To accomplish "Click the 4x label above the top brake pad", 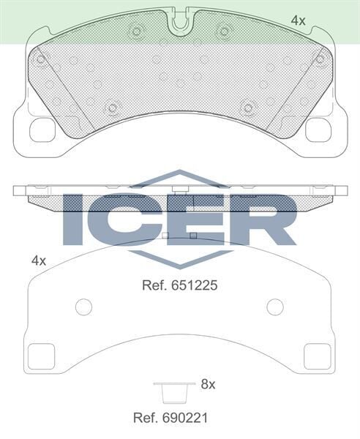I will (298, 21).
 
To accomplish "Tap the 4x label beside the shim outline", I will (39, 260).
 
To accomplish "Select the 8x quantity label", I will (208, 383).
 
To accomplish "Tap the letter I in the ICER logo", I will (74, 219).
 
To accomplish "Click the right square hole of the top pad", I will (318, 130).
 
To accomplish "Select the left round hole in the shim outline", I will (84, 307).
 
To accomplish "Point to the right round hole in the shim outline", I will (275, 307).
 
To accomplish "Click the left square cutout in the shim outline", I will (41, 356).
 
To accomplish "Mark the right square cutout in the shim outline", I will (318, 356).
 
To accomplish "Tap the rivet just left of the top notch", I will (136, 31).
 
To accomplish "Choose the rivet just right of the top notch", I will (224, 31).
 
